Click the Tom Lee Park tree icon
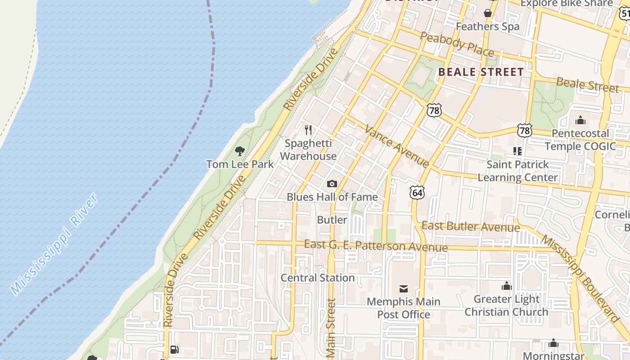239,151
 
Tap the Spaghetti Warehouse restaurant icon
308,130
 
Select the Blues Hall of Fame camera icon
332,184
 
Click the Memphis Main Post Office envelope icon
404,288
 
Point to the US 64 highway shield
417,193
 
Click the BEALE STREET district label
481,72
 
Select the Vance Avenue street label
396,146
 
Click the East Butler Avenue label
471,226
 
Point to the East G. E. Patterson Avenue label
376,246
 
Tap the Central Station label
318,278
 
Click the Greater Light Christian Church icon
507,286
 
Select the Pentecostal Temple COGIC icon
580,120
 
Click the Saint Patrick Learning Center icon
517,151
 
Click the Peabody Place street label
457,44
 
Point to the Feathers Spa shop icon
487,13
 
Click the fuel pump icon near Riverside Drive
175,350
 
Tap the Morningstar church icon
553,343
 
